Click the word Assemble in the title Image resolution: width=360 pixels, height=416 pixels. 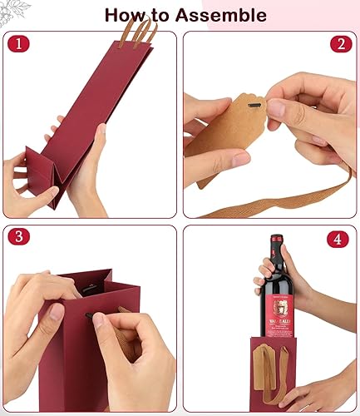pyautogui.click(x=224, y=15)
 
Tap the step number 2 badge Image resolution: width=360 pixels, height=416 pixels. pyautogui.click(x=341, y=44)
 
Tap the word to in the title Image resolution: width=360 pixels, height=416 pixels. pyautogui.click(x=172, y=15)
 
